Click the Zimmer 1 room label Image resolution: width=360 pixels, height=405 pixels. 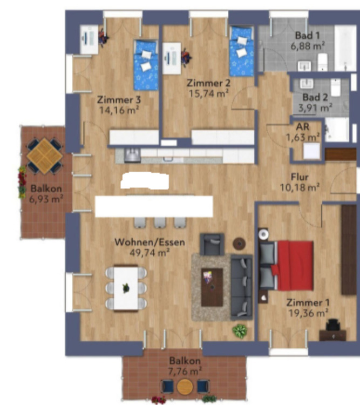pyautogui.click(x=307, y=302)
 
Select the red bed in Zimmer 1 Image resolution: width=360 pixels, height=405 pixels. pyautogui.click(x=293, y=265)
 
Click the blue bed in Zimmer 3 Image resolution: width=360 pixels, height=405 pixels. pyautogui.click(x=146, y=65)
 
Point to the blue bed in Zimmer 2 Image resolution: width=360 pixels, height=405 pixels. pyautogui.click(x=241, y=52)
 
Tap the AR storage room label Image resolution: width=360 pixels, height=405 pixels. pyautogui.click(x=302, y=127)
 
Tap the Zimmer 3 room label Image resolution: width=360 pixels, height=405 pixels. pyautogui.click(x=115, y=100)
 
